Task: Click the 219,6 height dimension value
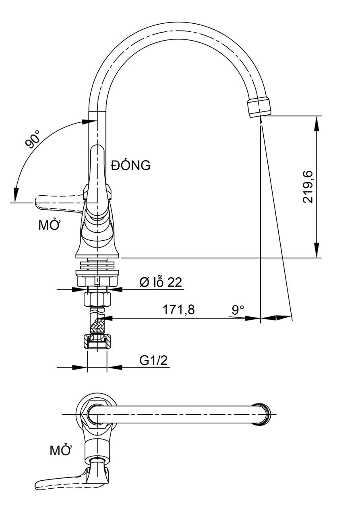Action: (x=308, y=186)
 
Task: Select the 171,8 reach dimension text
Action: (x=178, y=310)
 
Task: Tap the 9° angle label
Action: (x=238, y=310)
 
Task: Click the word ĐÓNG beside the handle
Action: (x=131, y=165)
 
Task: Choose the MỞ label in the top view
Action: (x=60, y=450)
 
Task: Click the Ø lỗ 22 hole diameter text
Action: (x=161, y=282)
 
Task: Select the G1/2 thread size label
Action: (x=153, y=360)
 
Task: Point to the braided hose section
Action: (x=97, y=324)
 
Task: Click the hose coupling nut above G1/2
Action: (x=97, y=342)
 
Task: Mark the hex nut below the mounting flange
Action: (x=97, y=299)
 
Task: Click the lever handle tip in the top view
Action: (x=40, y=485)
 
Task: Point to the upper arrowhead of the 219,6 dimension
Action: (x=317, y=123)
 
